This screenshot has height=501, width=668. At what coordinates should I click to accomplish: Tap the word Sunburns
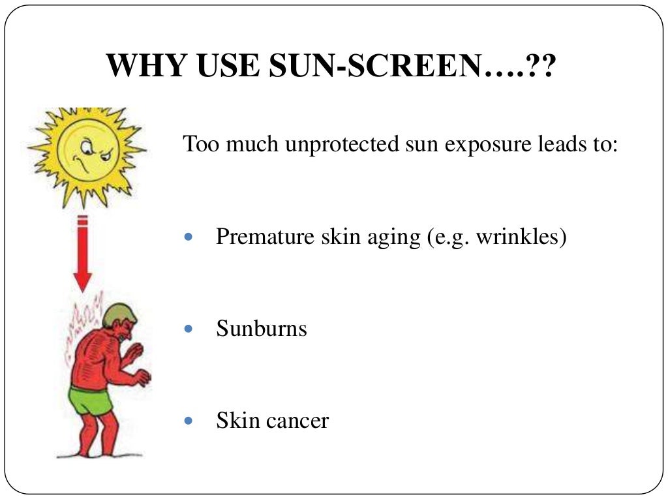click(x=262, y=328)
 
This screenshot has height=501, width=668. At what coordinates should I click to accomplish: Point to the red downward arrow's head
click(x=82, y=281)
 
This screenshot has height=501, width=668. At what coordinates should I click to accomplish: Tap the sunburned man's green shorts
click(x=91, y=399)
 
